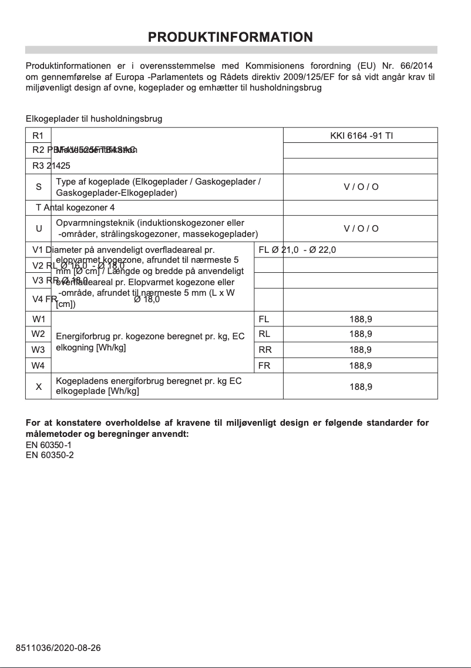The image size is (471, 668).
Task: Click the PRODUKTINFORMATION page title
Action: coord(230,37)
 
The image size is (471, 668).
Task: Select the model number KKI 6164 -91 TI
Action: coord(361,136)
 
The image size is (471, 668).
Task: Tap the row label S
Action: coord(39,187)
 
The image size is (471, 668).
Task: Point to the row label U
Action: coord(39,228)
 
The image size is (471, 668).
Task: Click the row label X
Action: coord(39,386)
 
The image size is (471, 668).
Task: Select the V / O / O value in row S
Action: coord(361,187)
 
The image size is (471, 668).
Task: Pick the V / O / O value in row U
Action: coord(361,228)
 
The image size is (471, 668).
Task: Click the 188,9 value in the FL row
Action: coord(361,319)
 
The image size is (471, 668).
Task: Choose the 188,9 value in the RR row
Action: coord(361,350)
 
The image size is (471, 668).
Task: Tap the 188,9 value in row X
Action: coord(361,386)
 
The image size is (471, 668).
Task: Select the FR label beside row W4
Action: coord(264,366)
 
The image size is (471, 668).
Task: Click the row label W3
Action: coord(39,350)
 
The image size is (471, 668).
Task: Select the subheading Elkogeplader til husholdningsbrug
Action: coord(94,119)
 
